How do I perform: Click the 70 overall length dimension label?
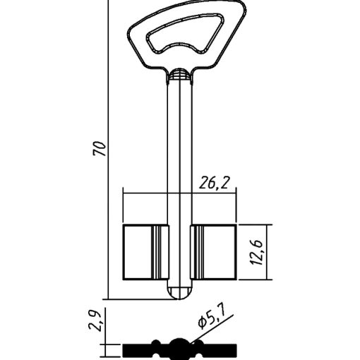(100, 148)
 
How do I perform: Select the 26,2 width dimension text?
(214, 183)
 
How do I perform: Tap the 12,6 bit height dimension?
(256, 253)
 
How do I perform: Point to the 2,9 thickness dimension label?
(95, 321)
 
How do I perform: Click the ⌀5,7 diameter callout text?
(212, 319)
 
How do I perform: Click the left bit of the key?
(146, 252)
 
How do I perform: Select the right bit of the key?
(213, 252)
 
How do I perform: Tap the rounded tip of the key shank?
(180, 293)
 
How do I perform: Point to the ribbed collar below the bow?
(180, 75)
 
